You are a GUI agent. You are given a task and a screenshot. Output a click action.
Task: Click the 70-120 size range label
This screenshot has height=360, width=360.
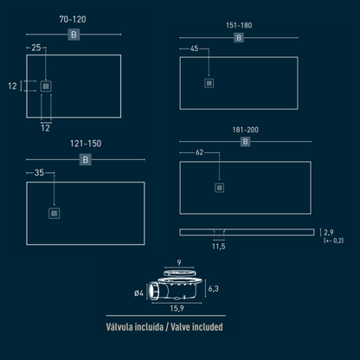[73, 19]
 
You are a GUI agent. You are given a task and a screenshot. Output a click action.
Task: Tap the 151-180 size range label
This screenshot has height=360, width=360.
[239, 25]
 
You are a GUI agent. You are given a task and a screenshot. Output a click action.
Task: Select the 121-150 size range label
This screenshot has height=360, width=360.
[86, 144]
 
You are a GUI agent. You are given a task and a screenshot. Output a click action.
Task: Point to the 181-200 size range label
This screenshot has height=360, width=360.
[246, 130]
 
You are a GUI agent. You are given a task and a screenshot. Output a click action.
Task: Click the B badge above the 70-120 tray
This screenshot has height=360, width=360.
[74, 35]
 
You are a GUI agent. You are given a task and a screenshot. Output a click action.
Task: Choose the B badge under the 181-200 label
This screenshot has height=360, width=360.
[245, 142]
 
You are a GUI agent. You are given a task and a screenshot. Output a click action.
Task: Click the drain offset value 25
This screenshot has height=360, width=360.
[36, 48]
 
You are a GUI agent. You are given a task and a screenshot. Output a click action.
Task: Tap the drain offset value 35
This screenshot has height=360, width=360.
[39, 172]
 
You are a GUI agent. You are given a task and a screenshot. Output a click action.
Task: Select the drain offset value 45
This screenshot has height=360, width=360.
[195, 48]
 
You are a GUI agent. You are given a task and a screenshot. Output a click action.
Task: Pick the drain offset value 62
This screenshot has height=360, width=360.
[200, 152]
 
